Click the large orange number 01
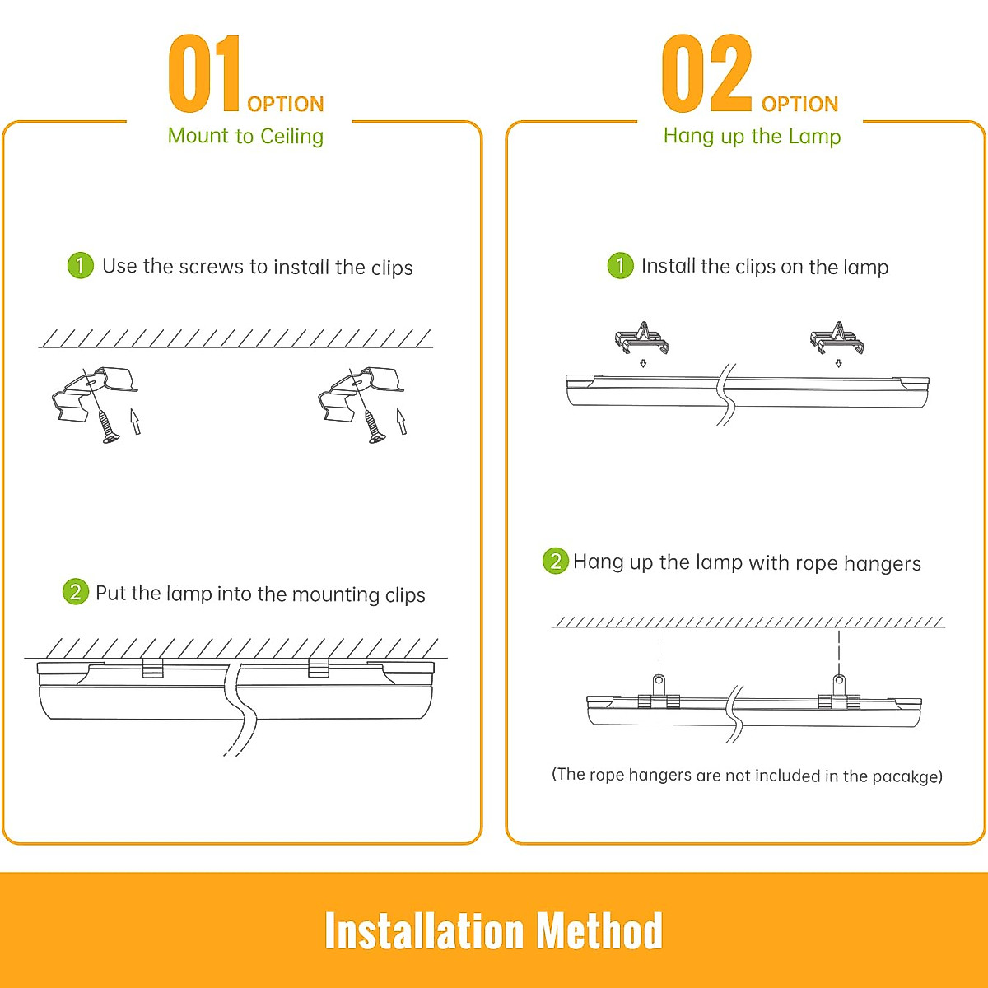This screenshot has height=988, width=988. [205, 74]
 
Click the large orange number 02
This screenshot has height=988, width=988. [707, 74]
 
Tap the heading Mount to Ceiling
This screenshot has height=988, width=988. [245, 136]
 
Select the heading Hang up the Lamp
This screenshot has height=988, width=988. [752, 136]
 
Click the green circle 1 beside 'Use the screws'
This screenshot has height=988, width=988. [80, 265]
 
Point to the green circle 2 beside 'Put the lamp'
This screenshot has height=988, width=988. [75, 591]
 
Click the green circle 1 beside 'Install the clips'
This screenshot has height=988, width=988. [620, 265]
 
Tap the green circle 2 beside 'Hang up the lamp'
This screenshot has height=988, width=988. [555, 561]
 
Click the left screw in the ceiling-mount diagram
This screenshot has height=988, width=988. [107, 426]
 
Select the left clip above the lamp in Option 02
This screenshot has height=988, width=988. [641, 338]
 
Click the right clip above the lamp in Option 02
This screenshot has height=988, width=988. [837, 338]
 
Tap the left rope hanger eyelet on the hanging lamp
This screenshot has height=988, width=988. [659, 683]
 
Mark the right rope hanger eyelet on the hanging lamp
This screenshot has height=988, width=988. [839, 683]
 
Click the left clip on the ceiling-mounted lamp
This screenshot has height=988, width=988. [153, 668]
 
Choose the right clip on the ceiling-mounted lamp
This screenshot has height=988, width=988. [319, 668]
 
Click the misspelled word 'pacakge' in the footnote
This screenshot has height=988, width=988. [906, 776]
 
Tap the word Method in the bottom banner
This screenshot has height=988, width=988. [599, 931]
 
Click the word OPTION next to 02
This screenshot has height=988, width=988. [799, 104]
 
